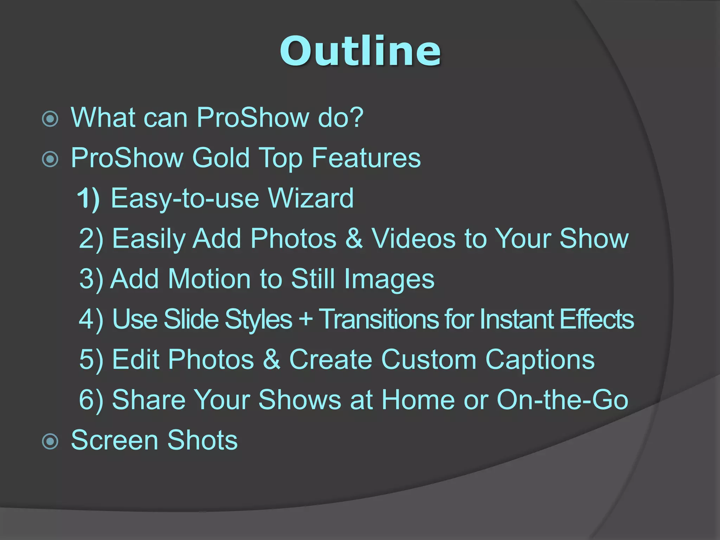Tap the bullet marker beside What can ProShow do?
(x=50, y=119)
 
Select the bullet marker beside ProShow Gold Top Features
(x=50, y=159)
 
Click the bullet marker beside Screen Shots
(x=50, y=442)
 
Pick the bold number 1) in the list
(x=88, y=198)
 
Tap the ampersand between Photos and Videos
(x=354, y=239)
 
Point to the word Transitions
(x=378, y=319)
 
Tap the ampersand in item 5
(x=271, y=360)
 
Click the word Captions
(x=540, y=360)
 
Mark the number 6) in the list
(x=91, y=400)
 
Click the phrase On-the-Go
(x=562, y=400)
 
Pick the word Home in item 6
(x=418, y=400)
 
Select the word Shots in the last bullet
(x=202, y=440)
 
